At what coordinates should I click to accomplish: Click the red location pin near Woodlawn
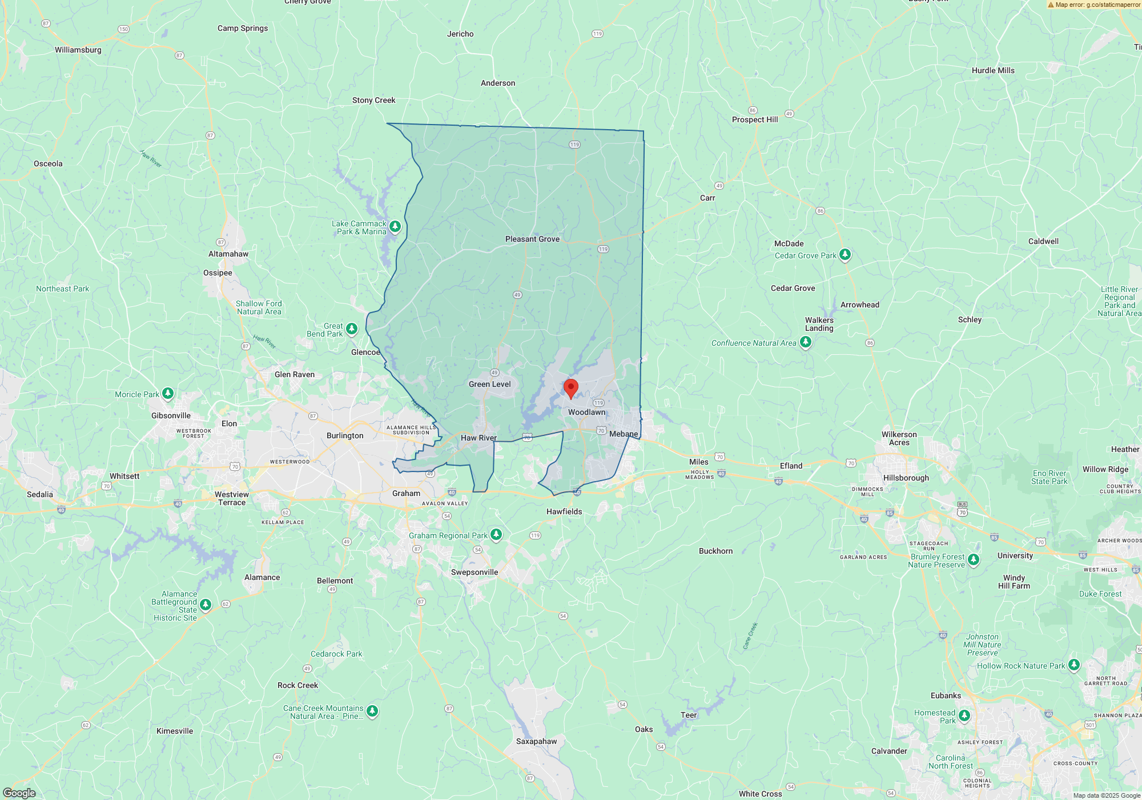tap(570, 388)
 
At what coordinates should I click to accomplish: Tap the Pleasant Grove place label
tap(532, 239)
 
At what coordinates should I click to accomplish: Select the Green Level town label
tap(489, 384)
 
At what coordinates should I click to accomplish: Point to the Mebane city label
tap(623, 434)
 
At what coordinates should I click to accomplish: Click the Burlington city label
tap(345, 435)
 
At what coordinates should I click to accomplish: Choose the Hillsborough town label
tap(906, 478)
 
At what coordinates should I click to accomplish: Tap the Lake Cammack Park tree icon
tap(395, 227)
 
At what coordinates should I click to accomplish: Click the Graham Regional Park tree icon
tap(496, 534)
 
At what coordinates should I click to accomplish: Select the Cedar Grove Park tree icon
tap(845, 254)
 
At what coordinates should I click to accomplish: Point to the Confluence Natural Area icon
tap(806, 342)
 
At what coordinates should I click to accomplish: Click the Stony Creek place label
tap(373, 100)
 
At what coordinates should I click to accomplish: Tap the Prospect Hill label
tap(755, 119)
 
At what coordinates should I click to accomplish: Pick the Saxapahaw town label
tap(536, 741)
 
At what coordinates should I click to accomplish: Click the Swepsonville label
tap(475, 572)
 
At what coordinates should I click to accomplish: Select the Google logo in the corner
tap(19, 793)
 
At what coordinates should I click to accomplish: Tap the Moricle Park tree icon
tap(168, 393)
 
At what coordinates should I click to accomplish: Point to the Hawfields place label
tap(564, 511)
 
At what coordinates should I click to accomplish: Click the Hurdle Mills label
tap(993, 70)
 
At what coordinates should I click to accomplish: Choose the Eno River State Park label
tap(1049, 477)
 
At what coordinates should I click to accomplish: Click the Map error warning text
tap(1097, 5)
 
